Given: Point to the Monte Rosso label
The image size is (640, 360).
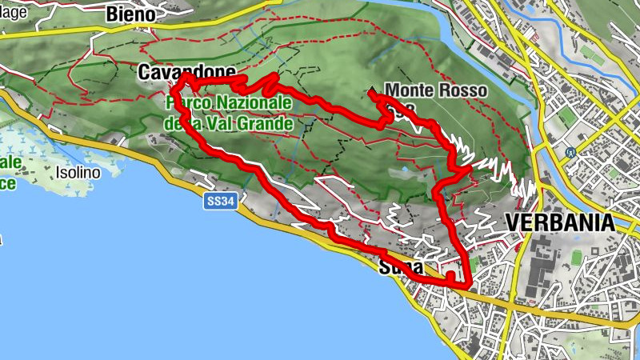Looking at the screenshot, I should pyautogui.click(x=435, y=91).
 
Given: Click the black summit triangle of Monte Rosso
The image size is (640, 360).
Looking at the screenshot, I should pyautogui.click(x=371, y=91).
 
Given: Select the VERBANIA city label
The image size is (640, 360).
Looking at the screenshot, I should pyautogui.click(x=559, y=222).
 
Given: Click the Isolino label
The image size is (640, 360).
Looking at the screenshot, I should pyautogui.click(x=78, y=172).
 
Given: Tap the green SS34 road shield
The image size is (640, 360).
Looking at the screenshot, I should pyautogui.click(x=219, y=203).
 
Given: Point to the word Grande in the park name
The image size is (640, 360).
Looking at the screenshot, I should pyautogui.click(x=268, y=124).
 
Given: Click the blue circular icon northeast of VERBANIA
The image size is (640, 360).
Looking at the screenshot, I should pyautogui.click(x=570, y=152).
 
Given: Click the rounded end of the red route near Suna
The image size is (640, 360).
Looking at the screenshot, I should pyautogui.click(x=451, y=276).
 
